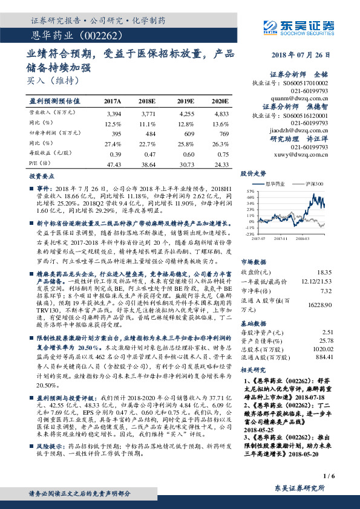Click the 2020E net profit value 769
[223, 132]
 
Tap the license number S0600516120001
[307, 115]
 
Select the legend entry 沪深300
[314, 183]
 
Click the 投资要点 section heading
[42, 177]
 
